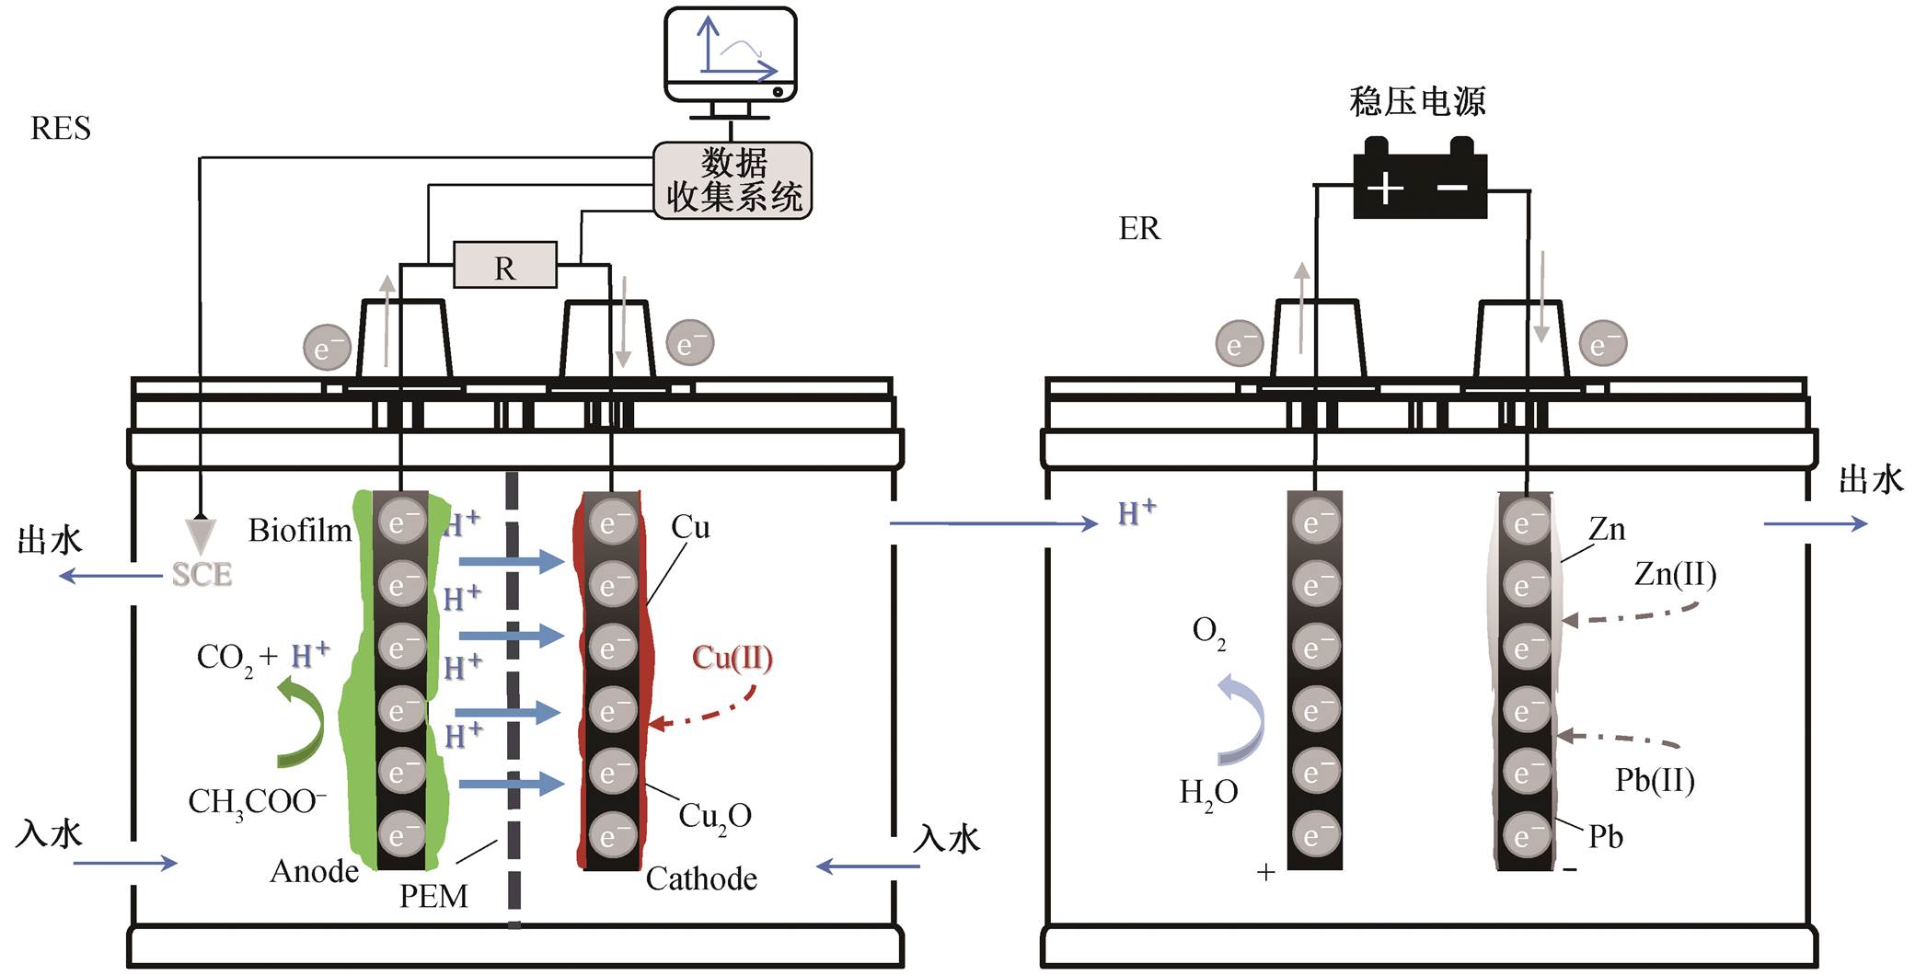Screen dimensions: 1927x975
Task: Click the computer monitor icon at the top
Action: point(731,63)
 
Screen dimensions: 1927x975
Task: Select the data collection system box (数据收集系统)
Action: point(733,180)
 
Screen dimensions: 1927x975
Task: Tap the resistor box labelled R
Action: point(505,267)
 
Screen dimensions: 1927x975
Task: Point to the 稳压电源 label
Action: point(1417,101)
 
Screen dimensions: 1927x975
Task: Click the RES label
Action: point(61,129)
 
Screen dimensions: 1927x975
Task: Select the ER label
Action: point(1139,228)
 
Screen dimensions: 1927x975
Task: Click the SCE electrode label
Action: point(202,575)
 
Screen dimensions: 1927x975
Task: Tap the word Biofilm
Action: point(300,531)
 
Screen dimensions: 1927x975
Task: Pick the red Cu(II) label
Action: point(733,659)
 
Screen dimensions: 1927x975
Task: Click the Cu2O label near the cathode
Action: point(715,817)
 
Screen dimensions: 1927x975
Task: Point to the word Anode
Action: point(314,871)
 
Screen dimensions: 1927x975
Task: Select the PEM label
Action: point(433,896)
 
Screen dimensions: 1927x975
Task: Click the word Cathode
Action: point(701,878)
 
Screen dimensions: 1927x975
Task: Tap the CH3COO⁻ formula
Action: point(258,802)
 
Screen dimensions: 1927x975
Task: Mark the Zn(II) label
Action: point(1675,575)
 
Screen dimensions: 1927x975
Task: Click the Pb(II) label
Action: point(1655,780)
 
